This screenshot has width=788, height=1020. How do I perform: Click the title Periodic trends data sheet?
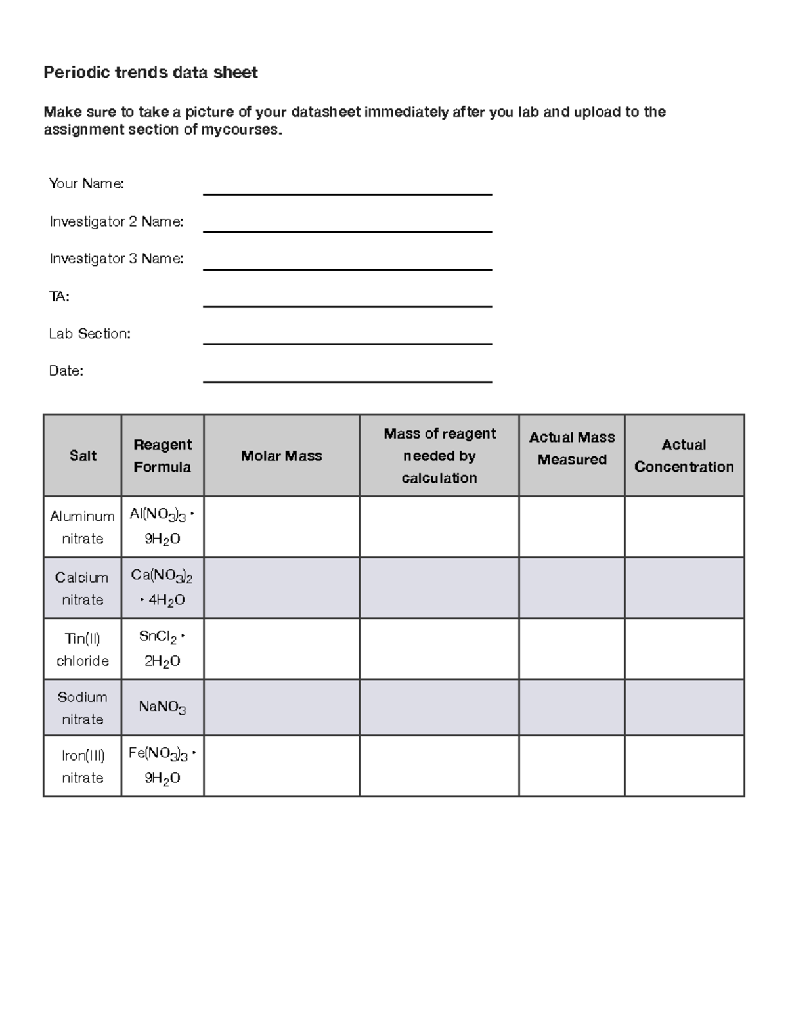click(x=150, y=72)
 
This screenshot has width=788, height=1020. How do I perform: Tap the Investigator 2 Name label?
click(x=116, y=222)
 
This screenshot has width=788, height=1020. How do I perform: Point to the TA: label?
click(x=59, y=297)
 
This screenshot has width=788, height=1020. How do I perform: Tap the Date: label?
click(x=66, y=371)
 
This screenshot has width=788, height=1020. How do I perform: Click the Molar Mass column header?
click(x=281, y=456)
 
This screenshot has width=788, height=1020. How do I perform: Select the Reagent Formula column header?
click(x=162, y=456)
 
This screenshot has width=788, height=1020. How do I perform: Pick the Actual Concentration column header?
click(x=684, y=456)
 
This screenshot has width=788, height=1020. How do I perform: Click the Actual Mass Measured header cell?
click(x=571, y=449)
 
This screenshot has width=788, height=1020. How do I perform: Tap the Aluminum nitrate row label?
click(x=82, y=527)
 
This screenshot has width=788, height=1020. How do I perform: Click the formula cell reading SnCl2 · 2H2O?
click(x=162, y=649)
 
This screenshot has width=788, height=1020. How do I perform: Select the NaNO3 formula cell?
click(x=162, y=707)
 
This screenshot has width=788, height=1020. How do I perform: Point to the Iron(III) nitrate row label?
click(x=82, y=766)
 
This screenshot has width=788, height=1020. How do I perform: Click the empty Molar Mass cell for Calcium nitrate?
click(x=281, y=588)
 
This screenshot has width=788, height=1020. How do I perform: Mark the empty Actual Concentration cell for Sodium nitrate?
click(x=684, y=707)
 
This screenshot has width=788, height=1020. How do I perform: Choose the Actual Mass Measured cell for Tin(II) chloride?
click(x=571, y=649)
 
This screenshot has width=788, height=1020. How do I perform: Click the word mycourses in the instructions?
click(x=241, y=130)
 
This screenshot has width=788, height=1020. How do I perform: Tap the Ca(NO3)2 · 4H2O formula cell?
click(x=162, y=588)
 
